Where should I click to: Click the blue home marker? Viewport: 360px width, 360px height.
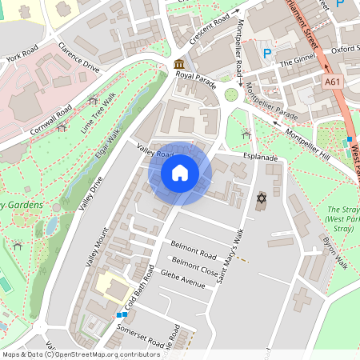pos(180,173)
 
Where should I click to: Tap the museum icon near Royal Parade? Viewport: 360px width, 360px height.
pos(178,63)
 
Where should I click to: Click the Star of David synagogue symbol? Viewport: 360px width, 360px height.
pos(260,197)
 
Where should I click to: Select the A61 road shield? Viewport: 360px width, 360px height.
pos(334,82)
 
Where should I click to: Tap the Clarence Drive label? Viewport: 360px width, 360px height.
pos(78,64)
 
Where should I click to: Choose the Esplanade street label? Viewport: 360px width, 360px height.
pos(261,158)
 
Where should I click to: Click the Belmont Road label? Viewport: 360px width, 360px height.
pos(194,249)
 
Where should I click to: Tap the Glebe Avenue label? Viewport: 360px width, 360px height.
pos(183,278)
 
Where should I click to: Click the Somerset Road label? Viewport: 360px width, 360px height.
pos(140,330)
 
